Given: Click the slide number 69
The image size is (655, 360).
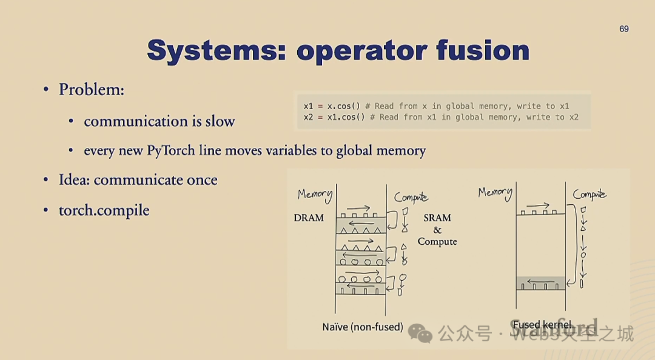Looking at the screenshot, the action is click(624, 28).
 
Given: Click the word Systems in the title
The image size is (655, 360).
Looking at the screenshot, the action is click(212, 50).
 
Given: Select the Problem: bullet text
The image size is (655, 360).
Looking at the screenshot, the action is click(91, 90).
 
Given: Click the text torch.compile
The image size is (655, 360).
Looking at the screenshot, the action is click(104, 210).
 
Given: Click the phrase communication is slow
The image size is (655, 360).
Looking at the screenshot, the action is click(159, 121).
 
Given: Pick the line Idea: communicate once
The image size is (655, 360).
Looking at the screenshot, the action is click(138, 180).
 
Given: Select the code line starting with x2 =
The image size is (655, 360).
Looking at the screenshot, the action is click(441, 117).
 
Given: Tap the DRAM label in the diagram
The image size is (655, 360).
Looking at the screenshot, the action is click(309, 218).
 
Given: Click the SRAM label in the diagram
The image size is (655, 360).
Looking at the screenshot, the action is click(437, 218).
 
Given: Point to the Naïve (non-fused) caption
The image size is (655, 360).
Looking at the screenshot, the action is click(363, 327).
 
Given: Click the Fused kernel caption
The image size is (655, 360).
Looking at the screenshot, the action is click(542, 325).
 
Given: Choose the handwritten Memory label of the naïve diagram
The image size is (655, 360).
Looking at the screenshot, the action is click(315, 195).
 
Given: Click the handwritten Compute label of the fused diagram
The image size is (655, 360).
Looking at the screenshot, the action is click(589, 195).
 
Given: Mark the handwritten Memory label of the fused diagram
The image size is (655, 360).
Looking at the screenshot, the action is click(495, 193).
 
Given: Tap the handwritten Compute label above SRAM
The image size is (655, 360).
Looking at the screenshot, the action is click(411, 197).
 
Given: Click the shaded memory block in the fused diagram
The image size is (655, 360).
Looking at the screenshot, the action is click(540, 283).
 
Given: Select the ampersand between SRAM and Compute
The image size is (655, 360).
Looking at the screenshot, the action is click(437, 230).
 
